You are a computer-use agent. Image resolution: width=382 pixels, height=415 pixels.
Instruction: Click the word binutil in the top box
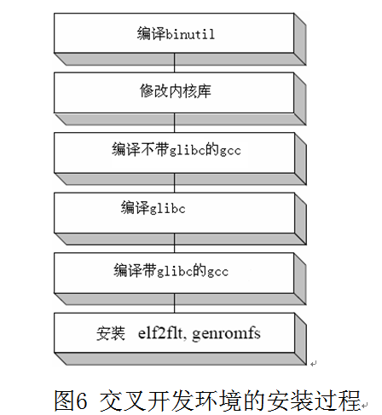190,34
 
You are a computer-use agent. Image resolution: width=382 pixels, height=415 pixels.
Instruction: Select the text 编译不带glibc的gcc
177,150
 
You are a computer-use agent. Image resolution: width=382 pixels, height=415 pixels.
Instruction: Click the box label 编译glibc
153,207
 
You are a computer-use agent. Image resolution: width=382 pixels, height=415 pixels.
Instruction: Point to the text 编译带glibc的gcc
171,270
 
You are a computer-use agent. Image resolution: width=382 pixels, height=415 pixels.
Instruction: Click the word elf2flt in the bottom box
160,333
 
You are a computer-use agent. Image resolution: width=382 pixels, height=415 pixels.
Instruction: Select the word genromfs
226,334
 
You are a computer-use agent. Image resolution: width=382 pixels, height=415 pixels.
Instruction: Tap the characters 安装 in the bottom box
111,333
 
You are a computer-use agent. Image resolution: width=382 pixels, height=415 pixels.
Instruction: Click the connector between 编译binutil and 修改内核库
175,63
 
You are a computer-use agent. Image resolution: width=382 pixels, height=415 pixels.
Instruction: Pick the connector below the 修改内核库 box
175,123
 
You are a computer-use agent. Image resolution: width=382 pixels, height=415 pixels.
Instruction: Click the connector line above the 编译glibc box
175,183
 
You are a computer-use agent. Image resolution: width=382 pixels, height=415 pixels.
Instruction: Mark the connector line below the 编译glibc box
175,243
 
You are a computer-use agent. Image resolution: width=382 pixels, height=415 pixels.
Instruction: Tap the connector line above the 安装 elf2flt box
175,303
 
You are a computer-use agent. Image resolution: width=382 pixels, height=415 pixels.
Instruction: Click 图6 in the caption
70,401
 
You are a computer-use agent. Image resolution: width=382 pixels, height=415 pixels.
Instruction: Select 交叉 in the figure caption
123,401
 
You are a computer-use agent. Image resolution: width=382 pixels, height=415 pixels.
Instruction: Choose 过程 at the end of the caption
337,401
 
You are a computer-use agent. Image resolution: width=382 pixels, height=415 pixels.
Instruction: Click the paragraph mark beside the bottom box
313,363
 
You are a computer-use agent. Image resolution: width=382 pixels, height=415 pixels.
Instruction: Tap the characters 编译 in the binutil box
151,33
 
